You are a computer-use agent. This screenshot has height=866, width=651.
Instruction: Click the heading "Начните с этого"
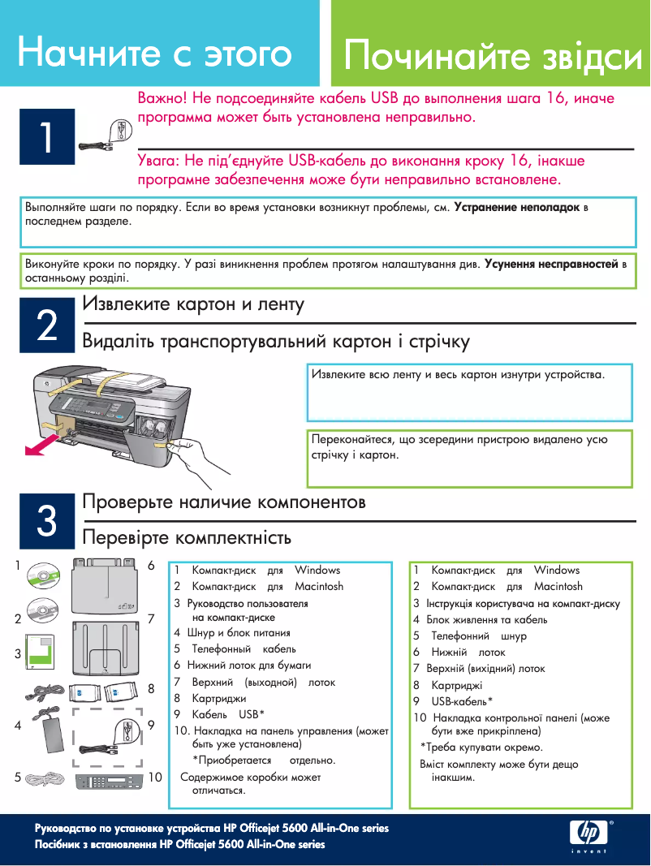coord(154,54)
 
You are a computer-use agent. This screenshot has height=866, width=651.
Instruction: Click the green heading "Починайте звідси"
coord(493,58)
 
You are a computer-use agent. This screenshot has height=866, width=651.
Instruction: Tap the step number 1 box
coord(47,136)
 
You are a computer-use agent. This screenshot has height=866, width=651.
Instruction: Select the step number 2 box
coord(47,325)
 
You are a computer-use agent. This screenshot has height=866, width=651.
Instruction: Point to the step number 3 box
coord(47,520)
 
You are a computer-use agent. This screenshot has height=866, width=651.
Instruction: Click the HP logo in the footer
coord(587,831)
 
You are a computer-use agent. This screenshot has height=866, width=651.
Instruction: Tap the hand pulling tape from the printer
coord(199,450)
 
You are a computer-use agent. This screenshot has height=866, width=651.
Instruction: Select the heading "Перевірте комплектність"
coord(187,537)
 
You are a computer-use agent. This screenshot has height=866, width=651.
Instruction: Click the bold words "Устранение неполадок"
coord(516,208)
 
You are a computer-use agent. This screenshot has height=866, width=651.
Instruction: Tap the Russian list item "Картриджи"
coord(218,698)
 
